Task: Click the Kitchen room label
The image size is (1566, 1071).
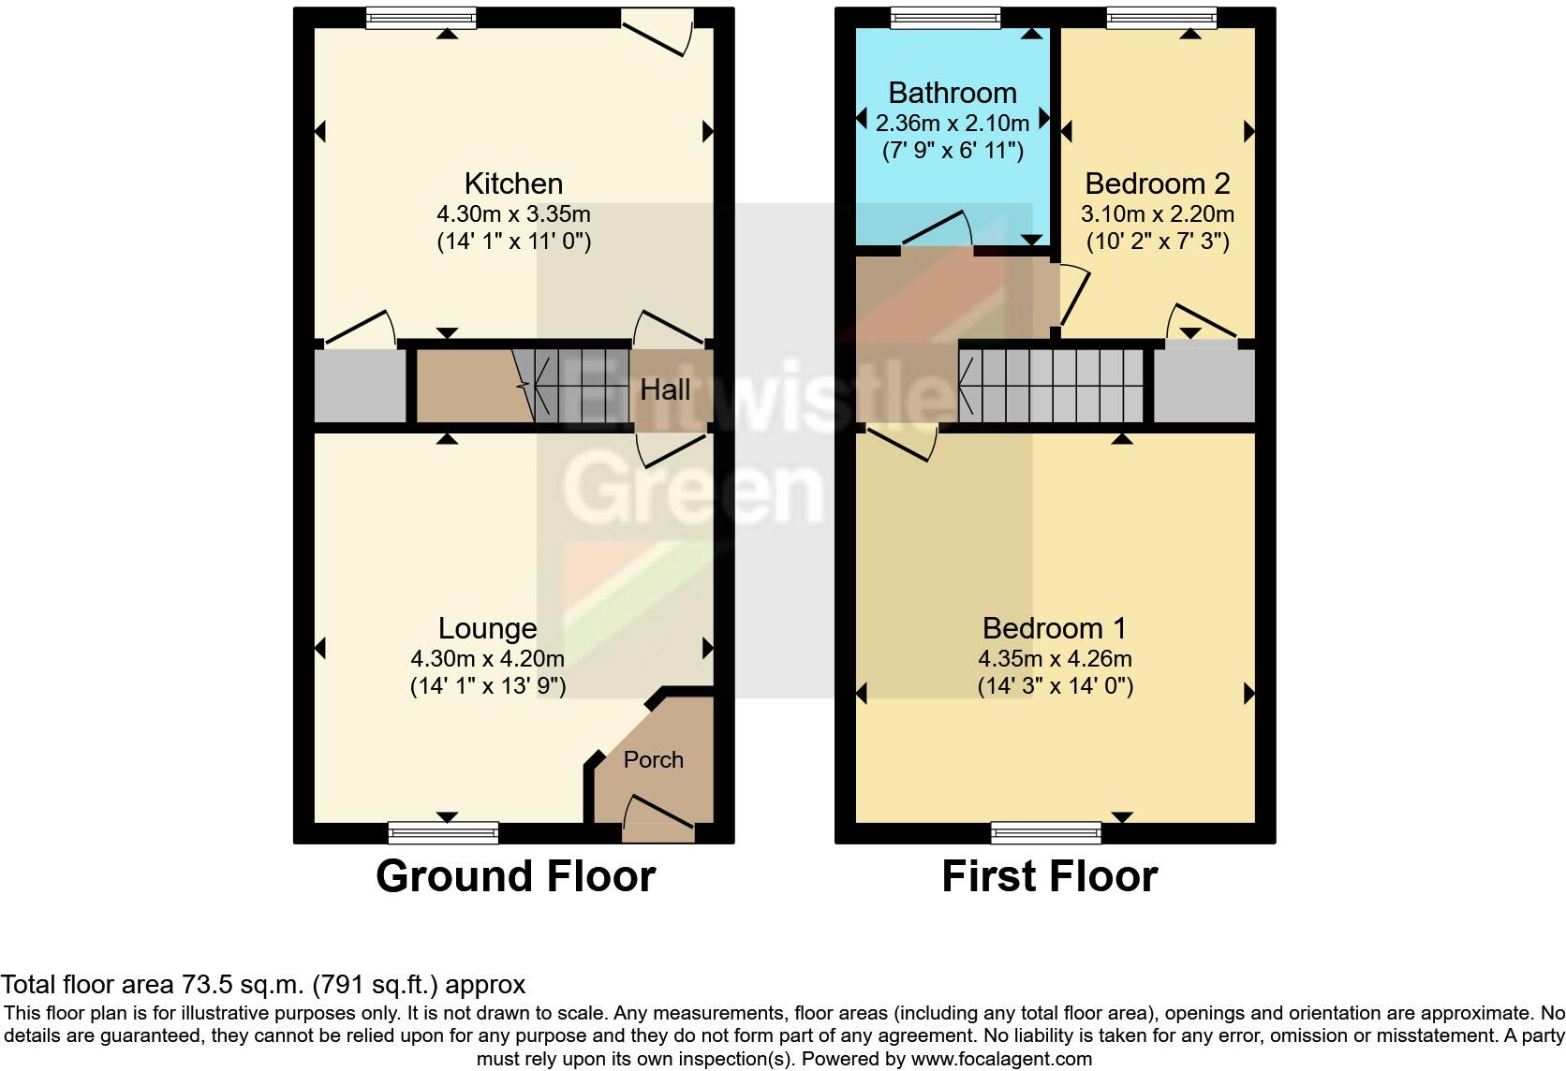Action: (513, 183)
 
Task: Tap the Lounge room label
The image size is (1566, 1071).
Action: (487, 628)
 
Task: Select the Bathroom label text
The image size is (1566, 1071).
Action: (953, 93)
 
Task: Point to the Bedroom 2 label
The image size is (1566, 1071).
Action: (1157, 183)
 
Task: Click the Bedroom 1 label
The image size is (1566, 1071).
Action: (1055, 628)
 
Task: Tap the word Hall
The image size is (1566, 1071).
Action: (665, 389)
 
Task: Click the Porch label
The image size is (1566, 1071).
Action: (653, 759)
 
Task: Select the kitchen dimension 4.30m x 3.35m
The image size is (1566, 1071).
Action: (513, 213)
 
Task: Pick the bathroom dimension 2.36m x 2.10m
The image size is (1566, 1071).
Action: (953, 123)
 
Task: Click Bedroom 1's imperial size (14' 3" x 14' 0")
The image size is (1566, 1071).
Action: (1055, 686)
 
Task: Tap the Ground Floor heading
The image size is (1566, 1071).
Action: (516, 876)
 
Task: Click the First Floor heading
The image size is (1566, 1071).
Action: (1050, 876)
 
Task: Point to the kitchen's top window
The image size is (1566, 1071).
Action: (421, 18)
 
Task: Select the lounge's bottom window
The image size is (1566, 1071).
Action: (443, 833)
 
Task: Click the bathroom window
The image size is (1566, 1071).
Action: (945, 18)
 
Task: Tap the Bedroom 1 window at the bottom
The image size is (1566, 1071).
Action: (1046, 833)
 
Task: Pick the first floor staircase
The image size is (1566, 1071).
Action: (1051, 386)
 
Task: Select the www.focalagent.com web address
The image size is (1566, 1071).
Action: (1001, 1059)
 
